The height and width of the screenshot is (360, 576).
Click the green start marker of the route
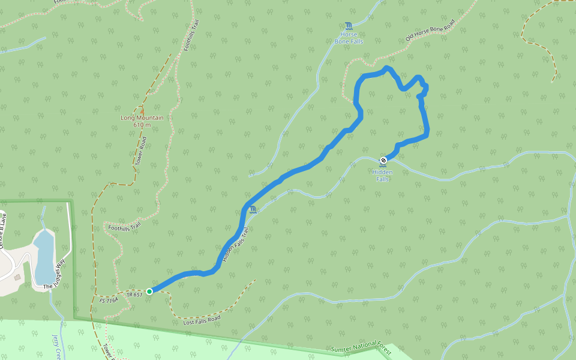pos(149,292)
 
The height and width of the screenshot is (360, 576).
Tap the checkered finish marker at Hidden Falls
pos(383,160)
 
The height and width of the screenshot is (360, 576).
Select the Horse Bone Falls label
pos(349,38)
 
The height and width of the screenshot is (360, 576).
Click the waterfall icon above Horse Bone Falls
pos(349,26)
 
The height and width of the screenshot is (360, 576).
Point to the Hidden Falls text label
pos(383,175)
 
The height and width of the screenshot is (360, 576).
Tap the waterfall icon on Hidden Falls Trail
pos(253,209)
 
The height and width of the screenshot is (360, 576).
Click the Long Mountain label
pos(142,118)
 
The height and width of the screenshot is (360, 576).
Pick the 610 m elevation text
pos(142,125)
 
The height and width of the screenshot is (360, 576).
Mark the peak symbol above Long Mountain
pos(142,110)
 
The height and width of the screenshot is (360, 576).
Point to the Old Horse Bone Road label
pos(430,29)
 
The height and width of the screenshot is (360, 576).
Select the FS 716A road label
pos(109,299)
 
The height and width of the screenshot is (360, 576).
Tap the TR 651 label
pos(134,294)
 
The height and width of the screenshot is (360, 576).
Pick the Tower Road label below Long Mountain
pos(140,151)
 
